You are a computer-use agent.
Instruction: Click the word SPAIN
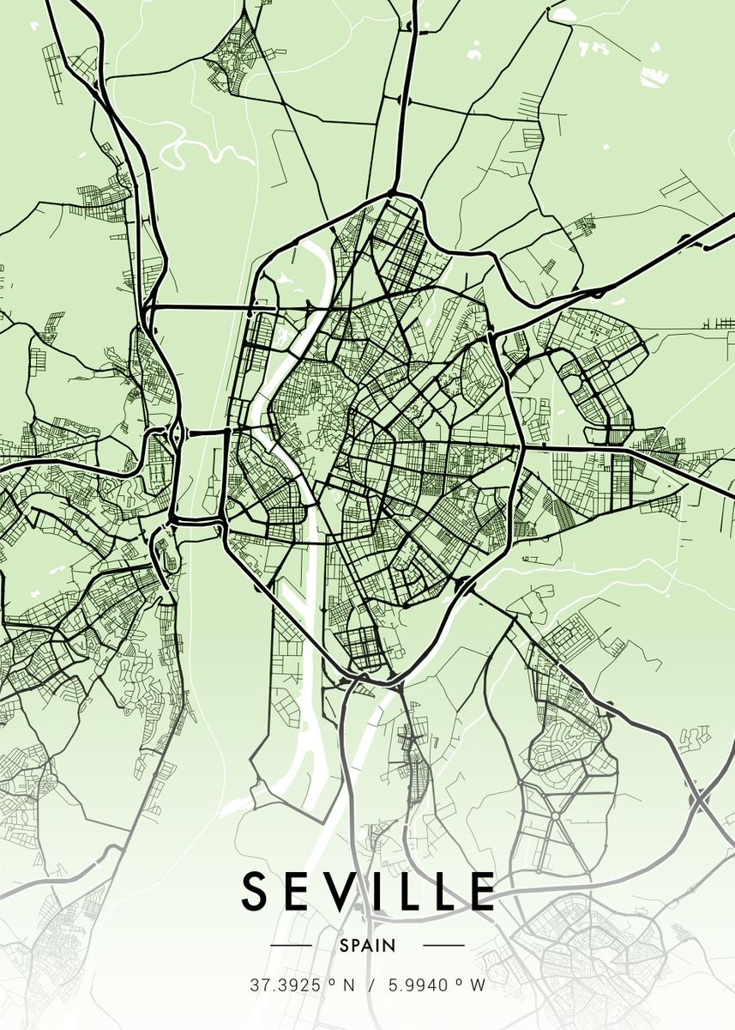[x=367, y=946]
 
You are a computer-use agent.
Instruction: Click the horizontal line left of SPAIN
[x=291, y=946]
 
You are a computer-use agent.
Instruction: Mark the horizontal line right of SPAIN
[x=444, y=946]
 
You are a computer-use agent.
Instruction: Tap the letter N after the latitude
[x=348, y=985]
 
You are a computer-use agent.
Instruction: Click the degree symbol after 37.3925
[x=330, y=981]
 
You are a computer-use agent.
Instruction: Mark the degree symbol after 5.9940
[x=460, y=981]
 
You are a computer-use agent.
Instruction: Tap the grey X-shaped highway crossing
[x=700, y=799]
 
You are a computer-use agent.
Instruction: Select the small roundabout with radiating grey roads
[x=556, y=812]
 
